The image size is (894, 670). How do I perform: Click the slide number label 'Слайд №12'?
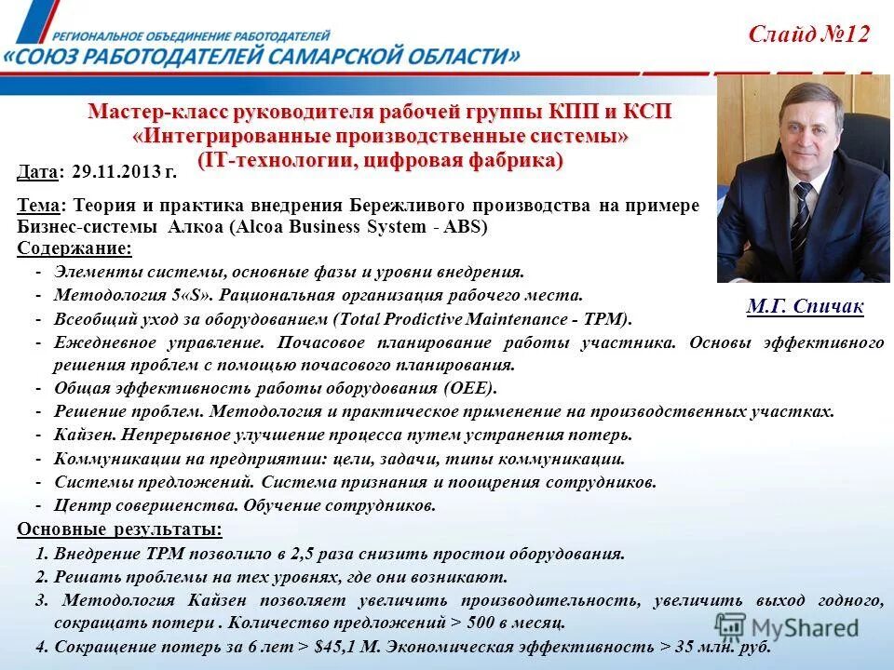808,34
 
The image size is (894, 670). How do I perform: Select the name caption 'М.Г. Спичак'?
805,306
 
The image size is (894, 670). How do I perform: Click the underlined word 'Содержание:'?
74,248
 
